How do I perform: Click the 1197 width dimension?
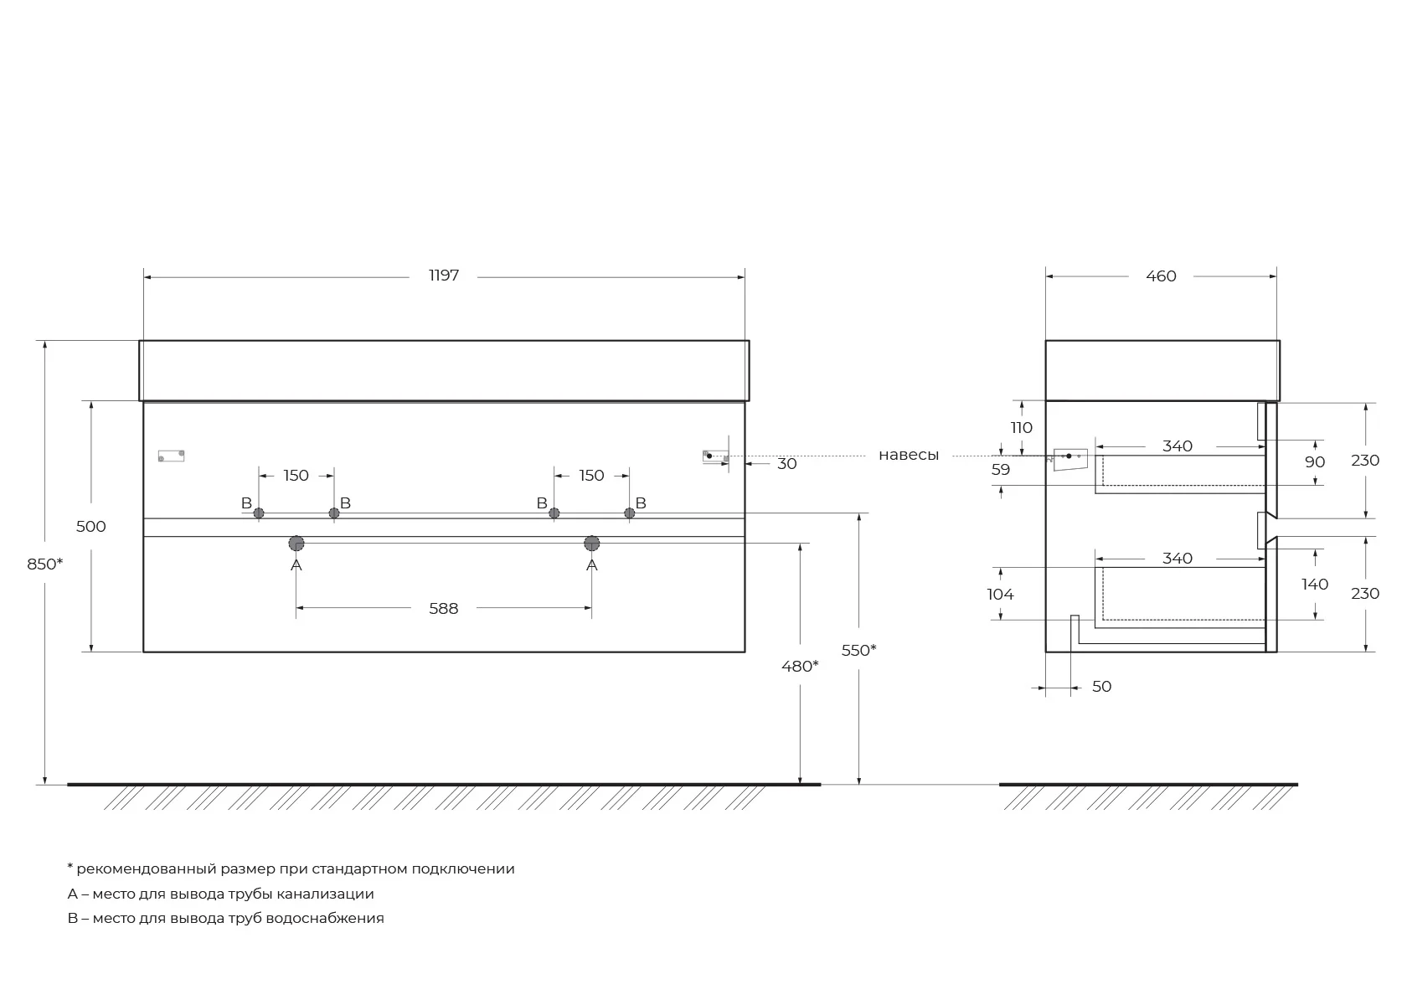[x=444, y=275]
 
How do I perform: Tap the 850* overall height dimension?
[x=44, y=564]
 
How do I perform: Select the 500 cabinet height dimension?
[x=91, y=526]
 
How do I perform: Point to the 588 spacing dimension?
[x=444, y=609]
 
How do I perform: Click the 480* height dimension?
[x=800, y=666]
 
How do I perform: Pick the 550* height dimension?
[x=858, y=650]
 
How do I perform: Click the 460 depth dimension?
[x=1161, y=276]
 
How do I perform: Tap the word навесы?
[x=908, y=455]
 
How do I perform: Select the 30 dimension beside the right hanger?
[x=787, y=464]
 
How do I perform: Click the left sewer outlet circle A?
[x=296, y=544]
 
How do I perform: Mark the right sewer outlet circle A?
[x=591, y=544]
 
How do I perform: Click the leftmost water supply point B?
[x=259, y=513]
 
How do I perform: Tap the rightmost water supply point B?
[x=630, y=513]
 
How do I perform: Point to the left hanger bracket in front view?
[x=171, y=456]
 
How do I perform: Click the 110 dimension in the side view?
[x=1022, y=428]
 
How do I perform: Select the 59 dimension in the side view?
[x=1001, y=469]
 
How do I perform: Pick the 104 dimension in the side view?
[x=1000, y=595]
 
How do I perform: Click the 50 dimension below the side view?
[x=1102, y=687]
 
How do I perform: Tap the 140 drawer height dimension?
[x=1315, y=585]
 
